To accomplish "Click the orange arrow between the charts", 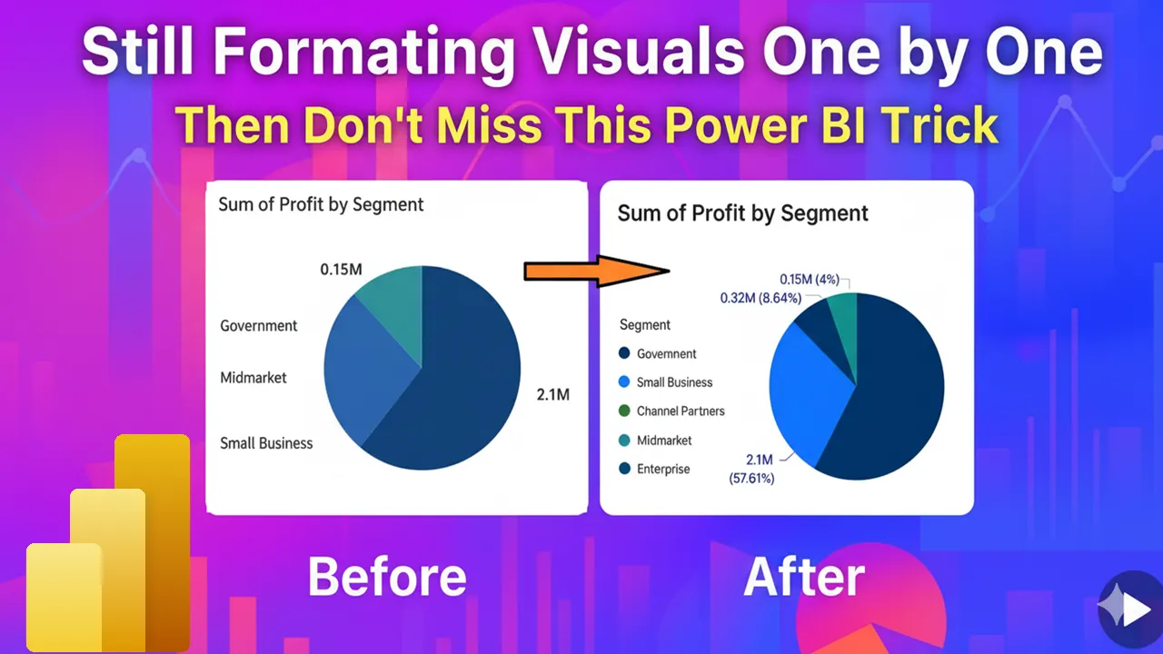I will click(596, 270).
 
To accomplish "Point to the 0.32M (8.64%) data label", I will click(760, 297).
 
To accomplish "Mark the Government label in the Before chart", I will click(259, 325).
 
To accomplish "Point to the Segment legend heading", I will click(645, 324).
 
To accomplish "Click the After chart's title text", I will click(742, 213).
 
